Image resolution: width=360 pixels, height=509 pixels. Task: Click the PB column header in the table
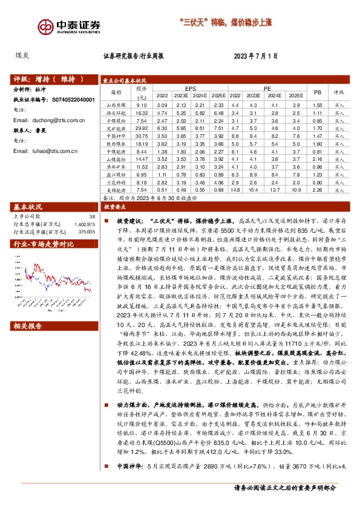316,92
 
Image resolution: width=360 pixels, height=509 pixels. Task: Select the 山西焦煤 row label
113,105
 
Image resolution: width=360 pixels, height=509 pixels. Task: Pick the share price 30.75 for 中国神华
142,136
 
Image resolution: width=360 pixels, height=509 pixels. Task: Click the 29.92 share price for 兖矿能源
142,128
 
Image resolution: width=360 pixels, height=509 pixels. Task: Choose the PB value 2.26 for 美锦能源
316,190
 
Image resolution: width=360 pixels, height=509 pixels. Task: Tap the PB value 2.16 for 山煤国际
316,159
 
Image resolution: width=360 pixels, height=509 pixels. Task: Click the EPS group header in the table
191,88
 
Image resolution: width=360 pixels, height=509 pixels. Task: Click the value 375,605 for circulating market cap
87,230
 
